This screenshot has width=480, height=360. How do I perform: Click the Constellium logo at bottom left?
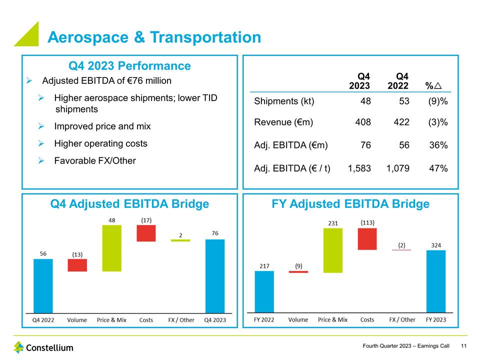point(43,347)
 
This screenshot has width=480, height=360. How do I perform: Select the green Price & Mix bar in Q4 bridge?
point(112,248)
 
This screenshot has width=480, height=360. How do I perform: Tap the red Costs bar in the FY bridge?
point(367,239)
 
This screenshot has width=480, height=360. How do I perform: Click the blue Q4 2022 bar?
point(43,285)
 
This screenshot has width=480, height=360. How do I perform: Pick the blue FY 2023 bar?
point(435,281)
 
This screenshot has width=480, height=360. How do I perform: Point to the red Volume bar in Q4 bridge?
point(77,265)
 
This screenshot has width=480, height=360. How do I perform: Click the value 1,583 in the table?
point(359,168)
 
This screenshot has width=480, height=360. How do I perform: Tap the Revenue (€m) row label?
point(283,122)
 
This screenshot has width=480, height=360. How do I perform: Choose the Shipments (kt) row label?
point(284,101)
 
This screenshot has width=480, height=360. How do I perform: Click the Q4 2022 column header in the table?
point(398,81)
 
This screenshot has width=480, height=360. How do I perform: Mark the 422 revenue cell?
point(401,122)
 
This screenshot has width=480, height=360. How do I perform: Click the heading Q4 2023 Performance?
point(129,66)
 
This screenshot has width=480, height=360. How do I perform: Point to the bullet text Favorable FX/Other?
point(95,160)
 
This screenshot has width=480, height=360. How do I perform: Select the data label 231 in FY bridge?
point(332,222)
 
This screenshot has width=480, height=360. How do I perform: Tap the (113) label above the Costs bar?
point(368,222)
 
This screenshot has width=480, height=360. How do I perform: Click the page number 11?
point(464,346)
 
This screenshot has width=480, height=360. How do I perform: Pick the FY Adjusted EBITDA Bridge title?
point(350,203)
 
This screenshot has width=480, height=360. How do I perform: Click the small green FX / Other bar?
point(180,240)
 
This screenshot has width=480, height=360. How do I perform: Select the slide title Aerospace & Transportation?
point(154,37)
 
